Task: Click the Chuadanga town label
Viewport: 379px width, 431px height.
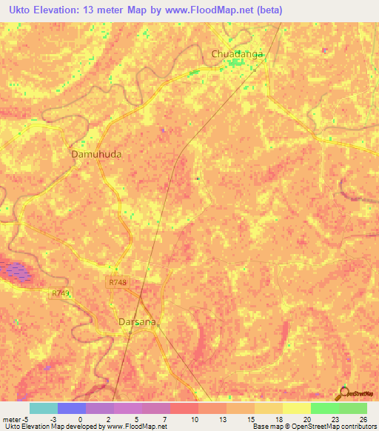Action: click(238, 54)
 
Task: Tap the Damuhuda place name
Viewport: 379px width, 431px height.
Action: click(96, 155)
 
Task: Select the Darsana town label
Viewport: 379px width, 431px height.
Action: click(139, 322)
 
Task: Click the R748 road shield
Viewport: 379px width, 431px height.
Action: click(117, 281)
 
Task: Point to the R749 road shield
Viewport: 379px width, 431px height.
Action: click(61, 294)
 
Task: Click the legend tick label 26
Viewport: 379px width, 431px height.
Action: click(363, 420)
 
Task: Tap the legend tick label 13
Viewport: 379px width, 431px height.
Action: click(221, 420)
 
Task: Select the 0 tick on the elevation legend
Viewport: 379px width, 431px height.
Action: click(80, 420)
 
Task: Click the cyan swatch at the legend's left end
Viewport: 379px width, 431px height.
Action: click(44, 408)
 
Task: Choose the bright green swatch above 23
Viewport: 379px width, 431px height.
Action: click(324, 408)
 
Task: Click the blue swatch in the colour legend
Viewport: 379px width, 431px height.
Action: click(72, 408)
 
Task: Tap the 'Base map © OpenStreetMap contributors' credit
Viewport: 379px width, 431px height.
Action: click(314, 427)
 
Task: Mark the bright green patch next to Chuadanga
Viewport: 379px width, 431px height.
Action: click(238, 64)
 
